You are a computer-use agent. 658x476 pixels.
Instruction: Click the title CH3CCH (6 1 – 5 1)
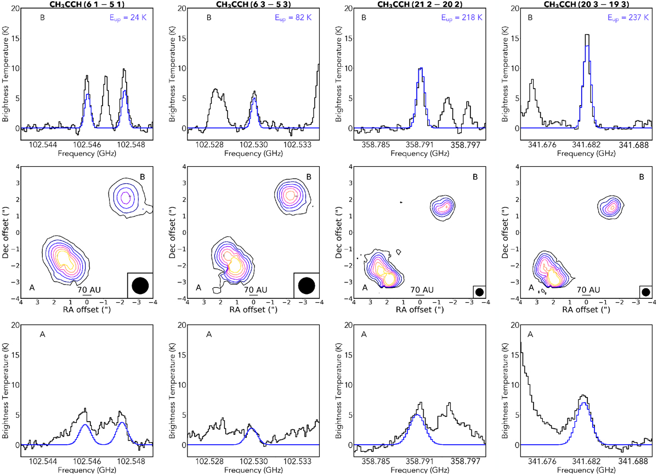(x=86, y=4)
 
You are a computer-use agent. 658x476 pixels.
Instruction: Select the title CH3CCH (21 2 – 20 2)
(x=420, y=4)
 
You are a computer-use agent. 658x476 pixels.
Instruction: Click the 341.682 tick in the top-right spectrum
(x=587, y=145)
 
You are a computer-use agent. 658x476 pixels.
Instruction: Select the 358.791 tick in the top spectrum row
(x=420, y=145)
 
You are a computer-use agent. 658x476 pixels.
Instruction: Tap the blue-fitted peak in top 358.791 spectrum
(x=421, y=70)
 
